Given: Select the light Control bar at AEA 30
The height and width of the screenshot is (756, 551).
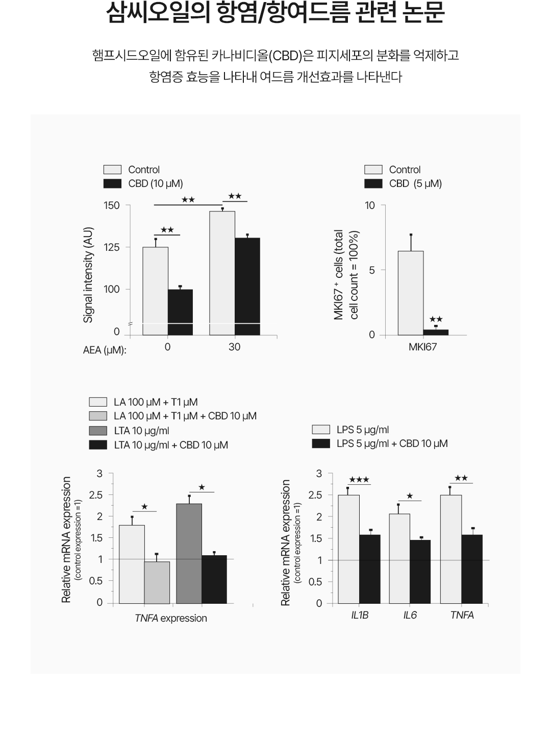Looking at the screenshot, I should [222, 273].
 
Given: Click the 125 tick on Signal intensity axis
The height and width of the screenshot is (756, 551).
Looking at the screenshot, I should [112, 247].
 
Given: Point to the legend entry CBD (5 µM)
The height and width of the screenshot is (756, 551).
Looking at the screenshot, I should [415, 183].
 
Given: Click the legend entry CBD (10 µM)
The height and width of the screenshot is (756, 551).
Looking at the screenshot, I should [155, 183].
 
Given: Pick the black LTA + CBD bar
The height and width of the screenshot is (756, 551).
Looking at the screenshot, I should [214, 579].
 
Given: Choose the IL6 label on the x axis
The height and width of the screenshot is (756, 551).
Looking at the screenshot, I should [410, 615].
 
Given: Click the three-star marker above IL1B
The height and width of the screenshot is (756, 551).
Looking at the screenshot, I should [359, 480].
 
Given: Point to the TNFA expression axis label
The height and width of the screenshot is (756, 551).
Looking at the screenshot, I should [171, 618].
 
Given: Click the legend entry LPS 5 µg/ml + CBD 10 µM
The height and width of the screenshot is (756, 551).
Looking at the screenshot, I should [392, 443].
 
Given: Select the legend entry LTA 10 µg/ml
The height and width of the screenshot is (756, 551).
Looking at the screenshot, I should [141, 431].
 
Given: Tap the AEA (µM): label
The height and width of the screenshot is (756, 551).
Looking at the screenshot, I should [105, 350].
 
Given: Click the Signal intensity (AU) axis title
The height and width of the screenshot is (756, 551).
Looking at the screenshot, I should [88, 275].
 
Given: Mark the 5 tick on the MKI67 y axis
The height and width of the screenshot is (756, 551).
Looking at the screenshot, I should [372, 270].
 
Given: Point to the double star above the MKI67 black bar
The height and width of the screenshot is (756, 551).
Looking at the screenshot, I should [436, 319].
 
